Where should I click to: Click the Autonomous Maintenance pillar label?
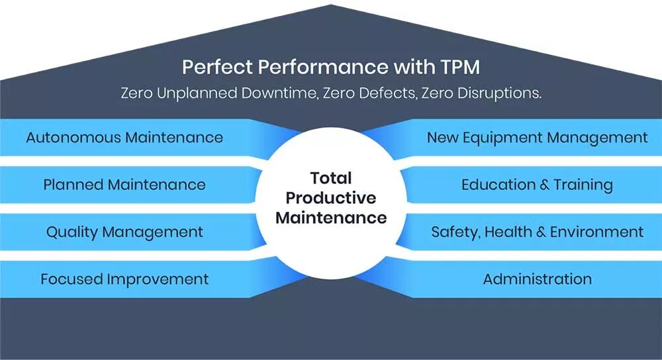[x=124, y=138]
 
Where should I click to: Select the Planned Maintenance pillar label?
[x=124, y=185]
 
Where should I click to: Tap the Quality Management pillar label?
[x=124, y=232]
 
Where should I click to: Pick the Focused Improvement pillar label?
[x=124, y=279]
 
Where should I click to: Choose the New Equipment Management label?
[x=537, y=138]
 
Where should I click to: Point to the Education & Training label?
[x=537, y=185]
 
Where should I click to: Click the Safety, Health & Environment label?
[x=537, y=232]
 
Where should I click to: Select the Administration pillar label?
[x=537, y=279]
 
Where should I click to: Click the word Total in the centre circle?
[x=331, y=178]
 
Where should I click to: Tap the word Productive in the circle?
[x=331, y=198]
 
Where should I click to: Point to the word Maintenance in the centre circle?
[x=331, y=218]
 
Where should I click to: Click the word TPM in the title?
[x=457, y=67]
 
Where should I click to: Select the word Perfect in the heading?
[x=214, y=67]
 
